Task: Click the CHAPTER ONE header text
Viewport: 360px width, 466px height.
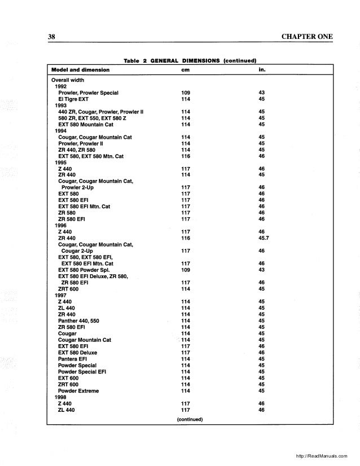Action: coord(306,37)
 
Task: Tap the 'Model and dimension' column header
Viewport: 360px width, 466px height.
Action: coord(80,71)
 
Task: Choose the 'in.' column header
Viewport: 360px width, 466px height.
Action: coord(261,71)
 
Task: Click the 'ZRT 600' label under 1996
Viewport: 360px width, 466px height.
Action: coord(68,288)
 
